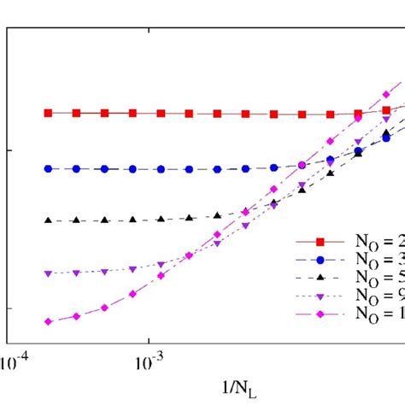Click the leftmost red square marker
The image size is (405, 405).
tap(49, 113)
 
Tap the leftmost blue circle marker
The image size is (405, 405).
tap(49, 168)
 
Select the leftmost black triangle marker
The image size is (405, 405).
tap(49, 220)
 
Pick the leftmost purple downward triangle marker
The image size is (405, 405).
tap(49, 273)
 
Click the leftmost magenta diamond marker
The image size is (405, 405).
tap(49, 321)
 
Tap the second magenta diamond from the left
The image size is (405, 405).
tap(77, 316)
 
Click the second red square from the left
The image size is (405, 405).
tap(77, 113)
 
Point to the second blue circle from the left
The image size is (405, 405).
tap(77, 168)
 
